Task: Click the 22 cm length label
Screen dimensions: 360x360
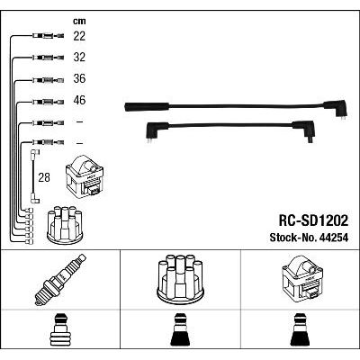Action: (x=79, y=36)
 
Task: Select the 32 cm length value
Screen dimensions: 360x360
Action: (x=79, y=57)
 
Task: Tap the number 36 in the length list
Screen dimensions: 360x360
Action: (x=79, y=78)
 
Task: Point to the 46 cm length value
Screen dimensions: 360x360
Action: (x=79, y=100)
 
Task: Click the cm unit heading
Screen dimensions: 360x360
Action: (x=79, y=21)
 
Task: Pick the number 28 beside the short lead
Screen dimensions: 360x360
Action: (x=44, y=177)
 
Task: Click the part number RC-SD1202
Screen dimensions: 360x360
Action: (x=313, y=221)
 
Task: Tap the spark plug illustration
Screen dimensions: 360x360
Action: (x=60, y=280)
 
